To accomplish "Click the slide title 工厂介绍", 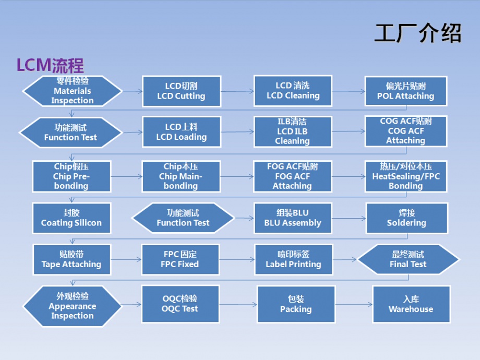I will click(x=418, y=33).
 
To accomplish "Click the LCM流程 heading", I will click(x=50, y=65).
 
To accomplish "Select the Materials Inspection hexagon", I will click(x=72, y=91).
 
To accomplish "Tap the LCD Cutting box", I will click(x=181, y=91).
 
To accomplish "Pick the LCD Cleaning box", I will click(x=293, y=91).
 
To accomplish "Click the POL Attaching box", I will click(x=405, y=91).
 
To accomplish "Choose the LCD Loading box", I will click(x=181, y=132).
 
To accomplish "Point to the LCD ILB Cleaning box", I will click(x=293, y=131).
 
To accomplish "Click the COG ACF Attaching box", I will click(x=405, y=131).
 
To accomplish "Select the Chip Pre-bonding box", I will click(x=71, y=176).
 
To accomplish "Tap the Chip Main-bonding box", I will click(x=181, y=176).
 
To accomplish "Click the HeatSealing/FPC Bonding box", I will click(x=405, y=176).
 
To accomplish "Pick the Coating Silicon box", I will click(x=71, y=218).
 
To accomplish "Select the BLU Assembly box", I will click(x=293, y=218).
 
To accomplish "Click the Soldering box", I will click(x=406, y=218).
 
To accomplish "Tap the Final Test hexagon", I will click(x=407, y=259).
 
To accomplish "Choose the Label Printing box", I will click(x=293, y=259).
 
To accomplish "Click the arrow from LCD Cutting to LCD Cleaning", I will click(x=237, y=91).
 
